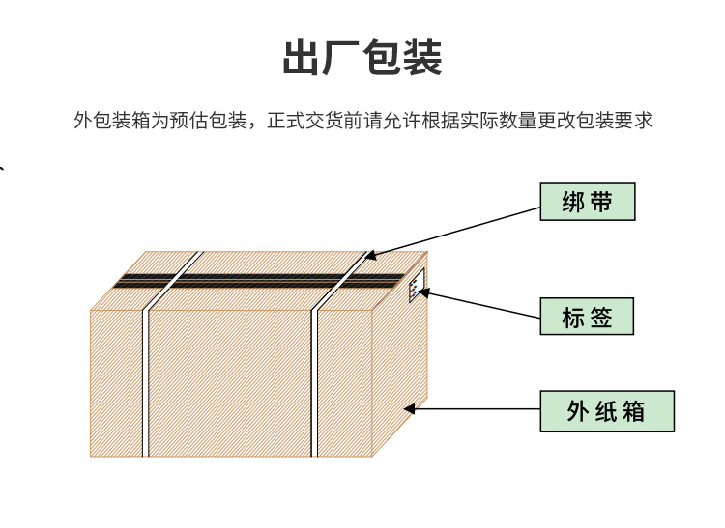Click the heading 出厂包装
(362, 59)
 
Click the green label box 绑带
(587, 203)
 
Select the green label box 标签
(587, 316)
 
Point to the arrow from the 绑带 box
(454, 232)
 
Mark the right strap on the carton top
(343, 281)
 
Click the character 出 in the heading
(301, 59)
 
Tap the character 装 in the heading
(422, 59)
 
